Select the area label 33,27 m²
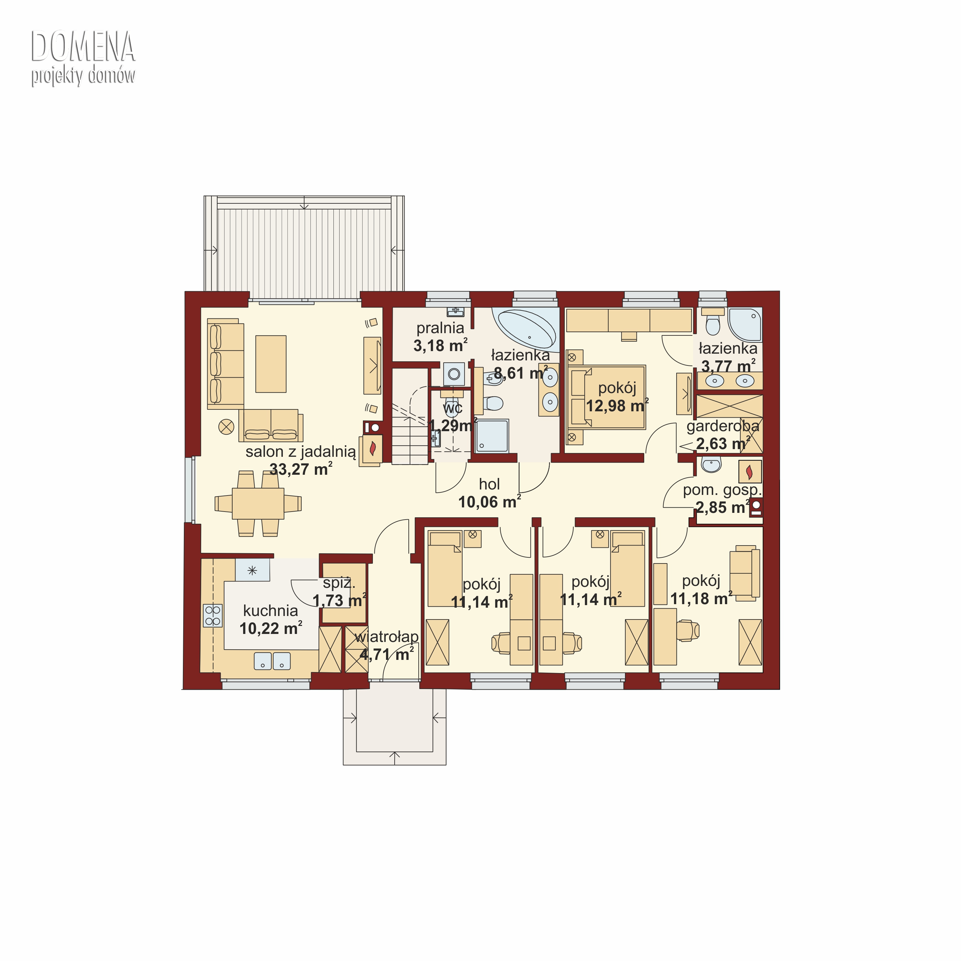(x=301, y=469)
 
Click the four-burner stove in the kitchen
(x=213, y=615)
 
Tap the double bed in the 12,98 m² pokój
(x=606, y=397)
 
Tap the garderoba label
(x=723, y=426)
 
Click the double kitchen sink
(x=272, y=661)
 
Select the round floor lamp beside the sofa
(x=226, y=427)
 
